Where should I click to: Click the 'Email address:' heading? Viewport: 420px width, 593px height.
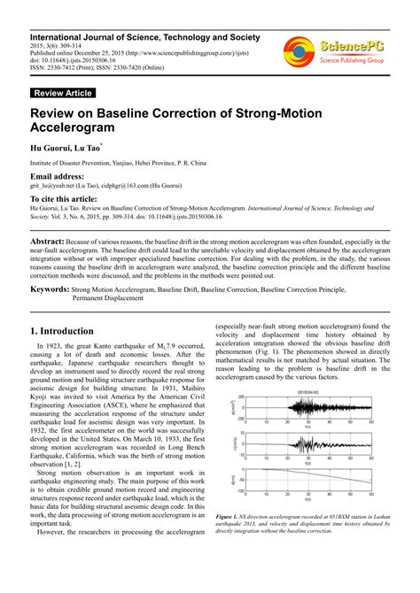tap(57, 177)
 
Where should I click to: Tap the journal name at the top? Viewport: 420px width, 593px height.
tap(145, 38)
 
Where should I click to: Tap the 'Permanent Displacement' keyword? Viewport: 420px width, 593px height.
tap(107, 298)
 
